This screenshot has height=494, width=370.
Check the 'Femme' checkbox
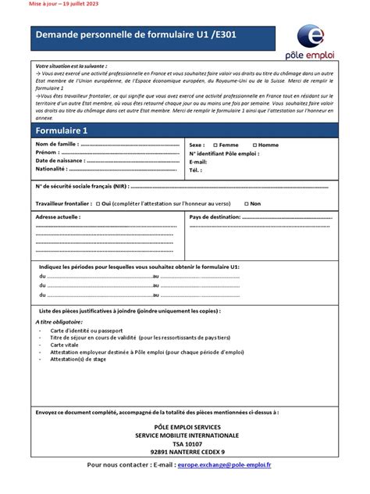(213, 145)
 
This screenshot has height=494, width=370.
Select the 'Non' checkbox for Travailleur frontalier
(245, 203)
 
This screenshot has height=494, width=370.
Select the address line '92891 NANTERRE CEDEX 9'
(187, 451)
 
